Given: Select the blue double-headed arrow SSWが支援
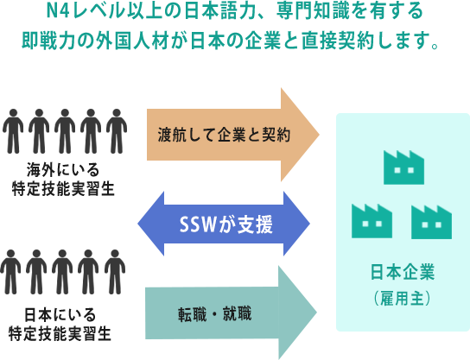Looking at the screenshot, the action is [224, 224].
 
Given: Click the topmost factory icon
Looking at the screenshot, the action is [403, 167].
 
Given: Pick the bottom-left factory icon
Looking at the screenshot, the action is [372, 221].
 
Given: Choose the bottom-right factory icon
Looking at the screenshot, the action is [432, 222].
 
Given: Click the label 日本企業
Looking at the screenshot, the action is [403, 272].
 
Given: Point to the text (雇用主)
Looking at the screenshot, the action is [403, 299].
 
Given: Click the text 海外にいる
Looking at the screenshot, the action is [63, 170].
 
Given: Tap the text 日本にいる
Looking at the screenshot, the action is [60, 314].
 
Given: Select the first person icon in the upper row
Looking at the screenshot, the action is [13, 131].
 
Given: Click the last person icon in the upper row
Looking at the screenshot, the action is [117, 131].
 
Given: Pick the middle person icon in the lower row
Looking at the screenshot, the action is [62, 272].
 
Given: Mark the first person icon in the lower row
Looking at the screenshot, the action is [10, 272].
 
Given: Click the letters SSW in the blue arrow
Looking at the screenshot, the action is [197, 224].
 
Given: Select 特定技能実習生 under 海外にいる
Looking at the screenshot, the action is [63, 189].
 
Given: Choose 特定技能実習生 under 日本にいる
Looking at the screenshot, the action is [60, 334].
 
